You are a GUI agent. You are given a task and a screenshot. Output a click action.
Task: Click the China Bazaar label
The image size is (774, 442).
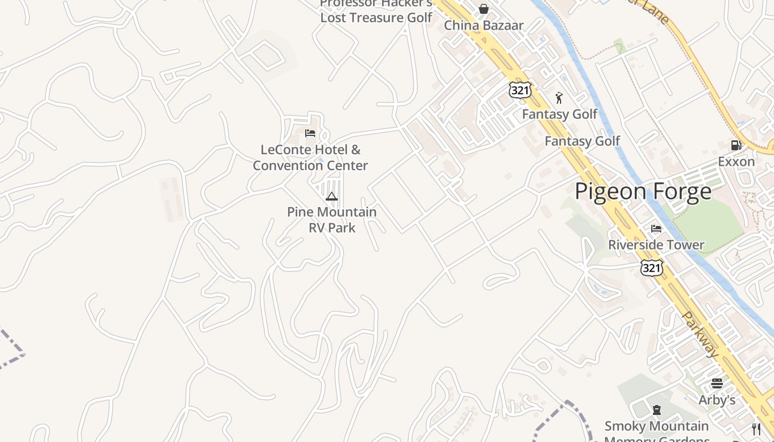click(484, 25)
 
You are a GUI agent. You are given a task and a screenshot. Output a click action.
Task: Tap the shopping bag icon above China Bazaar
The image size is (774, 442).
click(484, 9)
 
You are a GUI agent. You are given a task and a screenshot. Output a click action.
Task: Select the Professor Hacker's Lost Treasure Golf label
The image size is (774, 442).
click(376, 11)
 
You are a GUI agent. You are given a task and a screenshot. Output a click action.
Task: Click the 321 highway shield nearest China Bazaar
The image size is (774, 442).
click(520, 90)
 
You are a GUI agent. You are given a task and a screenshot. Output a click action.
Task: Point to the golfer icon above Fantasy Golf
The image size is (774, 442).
click(559, 98)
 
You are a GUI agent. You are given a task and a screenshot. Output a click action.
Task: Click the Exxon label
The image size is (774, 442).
click(736, 161)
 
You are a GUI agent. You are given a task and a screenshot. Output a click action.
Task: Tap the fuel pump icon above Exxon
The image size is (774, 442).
click(736, 145)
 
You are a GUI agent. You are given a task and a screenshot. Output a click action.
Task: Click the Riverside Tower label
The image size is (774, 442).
click(656, 245)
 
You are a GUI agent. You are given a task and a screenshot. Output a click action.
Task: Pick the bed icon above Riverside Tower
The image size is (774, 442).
click(656, 228)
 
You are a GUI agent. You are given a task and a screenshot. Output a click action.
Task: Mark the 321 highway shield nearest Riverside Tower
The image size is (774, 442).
click(652, 267)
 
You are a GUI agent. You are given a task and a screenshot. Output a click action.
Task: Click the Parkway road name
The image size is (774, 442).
click(700, 335)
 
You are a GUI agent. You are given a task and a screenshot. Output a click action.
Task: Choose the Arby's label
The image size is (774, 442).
click(717, 399)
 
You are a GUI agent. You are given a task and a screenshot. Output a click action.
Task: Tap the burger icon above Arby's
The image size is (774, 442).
click(717, 383)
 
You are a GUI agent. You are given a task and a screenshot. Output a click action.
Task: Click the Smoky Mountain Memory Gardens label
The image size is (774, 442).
click(656, 431)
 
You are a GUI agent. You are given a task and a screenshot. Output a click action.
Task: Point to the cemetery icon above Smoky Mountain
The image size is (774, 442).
click(656, 410)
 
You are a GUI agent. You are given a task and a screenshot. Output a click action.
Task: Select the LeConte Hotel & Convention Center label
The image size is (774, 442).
click(310, 157)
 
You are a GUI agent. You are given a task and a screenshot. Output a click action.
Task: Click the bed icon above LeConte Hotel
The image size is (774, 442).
click(310, 133)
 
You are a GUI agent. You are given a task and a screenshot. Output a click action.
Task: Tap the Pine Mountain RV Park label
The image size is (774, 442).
click(332, 219)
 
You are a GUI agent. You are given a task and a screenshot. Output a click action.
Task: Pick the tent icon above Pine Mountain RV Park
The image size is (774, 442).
click(332, 196)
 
